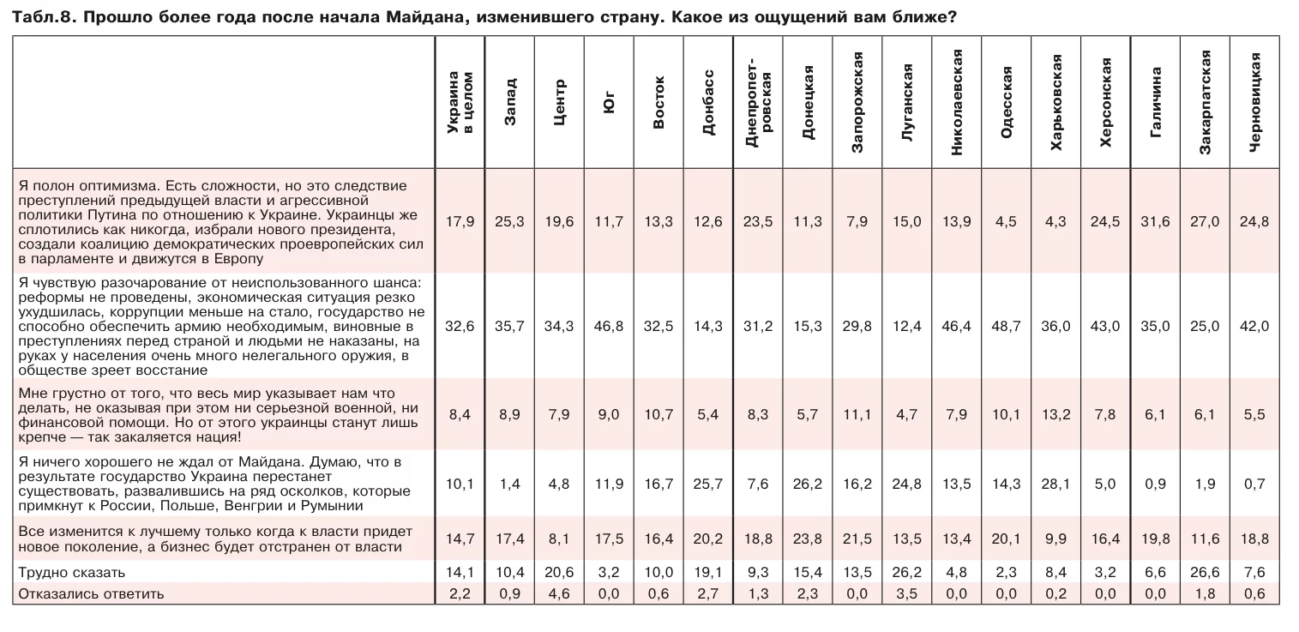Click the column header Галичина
pyautogui.click(x=1156, y=103)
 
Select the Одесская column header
pyautogui.click(x=1007, y=103)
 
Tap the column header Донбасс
pyautogui.click(x=708, y=103)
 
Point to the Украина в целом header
pyautogui.click(x=460, y=103)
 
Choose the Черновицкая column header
pyautogui.click(x=1255, y=103)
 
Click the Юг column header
pyautogui.click(x=609, y=103)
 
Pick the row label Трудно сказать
pyautogui.click(x=72, y=572)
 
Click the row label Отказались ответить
pyautogui.click(x=91, y=593)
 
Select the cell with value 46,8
pyautogui.click(x=609, y=326)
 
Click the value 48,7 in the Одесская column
pyautogui.click(x=1006, y=326)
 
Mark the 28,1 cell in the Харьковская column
pyautogui.click(x=1055, y=484)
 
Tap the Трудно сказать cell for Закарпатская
pyautogui.click(x=1205, y=572)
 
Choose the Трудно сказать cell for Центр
pyautogui.click(x=559, y=572)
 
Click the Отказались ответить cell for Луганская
pyautogui.click(x=906, y=593)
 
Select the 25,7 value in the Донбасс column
pyautogui.click(x=708, y=484)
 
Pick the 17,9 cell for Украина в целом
pyautogui.click(x=460, y=221)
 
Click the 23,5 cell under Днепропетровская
pyautogui.click(x=758, y=221)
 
